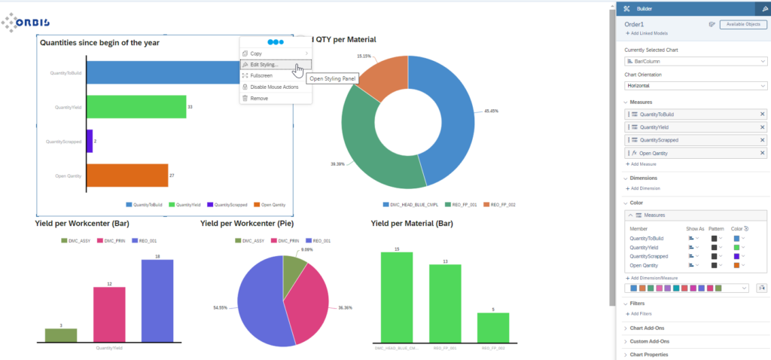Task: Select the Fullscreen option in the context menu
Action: click(261, 75)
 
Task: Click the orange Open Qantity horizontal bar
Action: click(126, 175)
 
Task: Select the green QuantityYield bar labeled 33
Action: click(136, 107)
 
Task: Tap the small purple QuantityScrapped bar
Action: click(90, 141)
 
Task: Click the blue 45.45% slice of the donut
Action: click(448, 121)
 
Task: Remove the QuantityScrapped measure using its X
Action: click(761, 140)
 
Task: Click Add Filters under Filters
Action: click(640, 313)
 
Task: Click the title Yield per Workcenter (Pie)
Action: click(247, 224)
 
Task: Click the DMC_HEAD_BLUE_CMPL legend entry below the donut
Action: click(410, 204)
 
